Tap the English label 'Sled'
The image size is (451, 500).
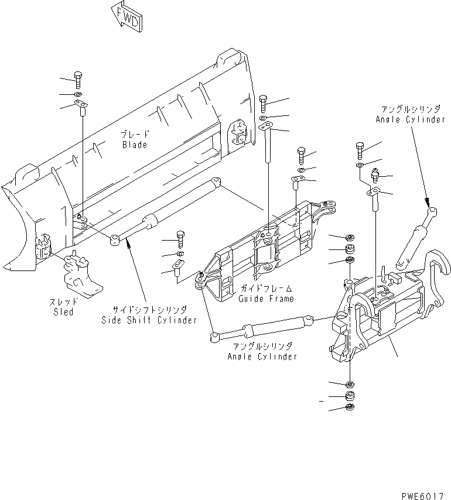pyautogui.click(x=63, y=312)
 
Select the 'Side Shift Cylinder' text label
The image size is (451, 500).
pyautogui.click(x=149, y=320)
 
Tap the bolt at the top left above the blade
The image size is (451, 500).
pyautogui.click(x=78, y=80)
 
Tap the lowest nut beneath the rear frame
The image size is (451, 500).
pyautogui.click(x=350, y=407)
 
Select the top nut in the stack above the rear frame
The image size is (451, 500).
pyautogui.click(x=350, y=237)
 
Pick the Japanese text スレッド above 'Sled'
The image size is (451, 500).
pyautogui.click(x=62, y=302)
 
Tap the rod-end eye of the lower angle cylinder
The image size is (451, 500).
pyautogui.click(x=214, y=336)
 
